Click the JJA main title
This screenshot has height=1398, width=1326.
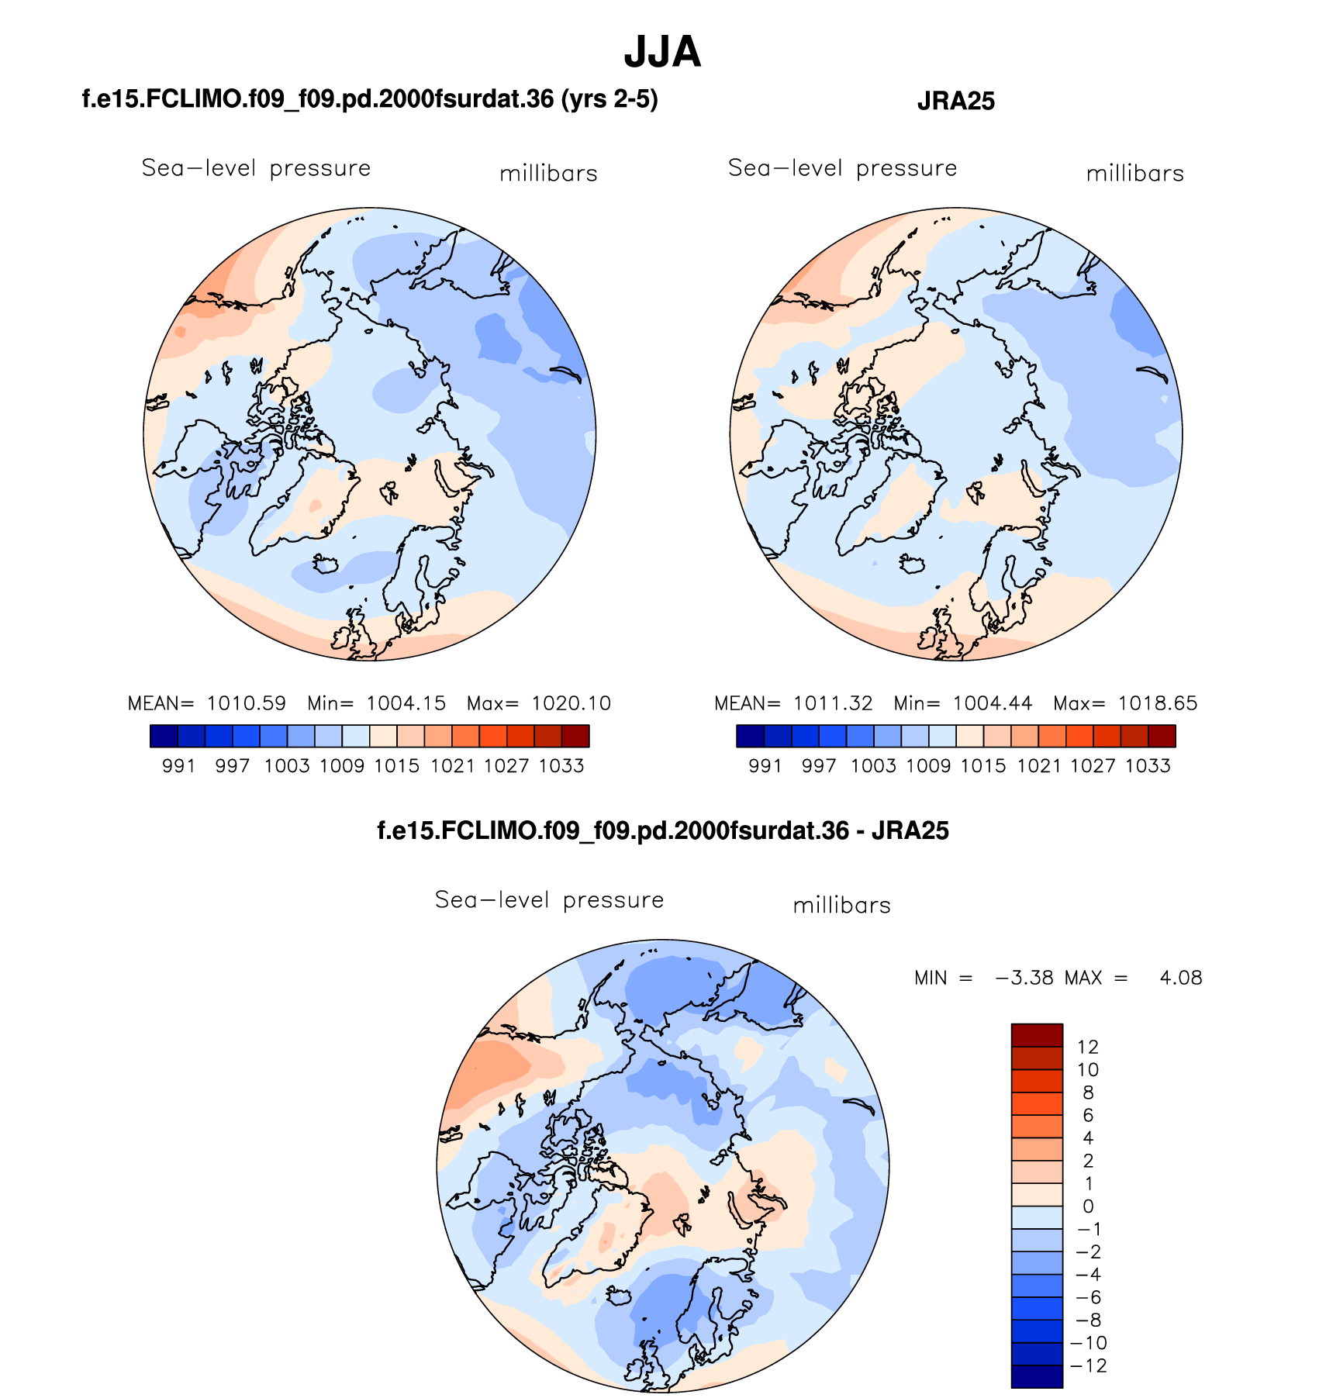[x=662, y=53]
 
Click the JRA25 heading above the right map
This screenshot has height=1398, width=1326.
[x=955, y=102]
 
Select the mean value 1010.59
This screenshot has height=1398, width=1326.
[x=247, y=704]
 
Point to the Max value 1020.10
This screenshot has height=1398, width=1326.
[x=571, y=704]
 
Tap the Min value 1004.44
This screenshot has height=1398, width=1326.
[x=993, y=704]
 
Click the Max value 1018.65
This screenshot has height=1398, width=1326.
[x=1158, y=704]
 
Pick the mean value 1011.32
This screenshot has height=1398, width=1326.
[x=833, y=704]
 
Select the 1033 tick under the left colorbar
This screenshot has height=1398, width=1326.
[x=561, y=766]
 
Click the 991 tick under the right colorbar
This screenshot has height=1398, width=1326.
[x=765, y=766]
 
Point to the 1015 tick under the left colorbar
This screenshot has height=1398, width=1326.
[x=397, y=766]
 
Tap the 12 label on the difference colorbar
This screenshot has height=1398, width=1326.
[x=1088, y=1048]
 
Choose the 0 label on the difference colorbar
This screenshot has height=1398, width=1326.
[x=1088, y=1206]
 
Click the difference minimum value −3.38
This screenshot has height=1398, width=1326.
[x=1024, y=979]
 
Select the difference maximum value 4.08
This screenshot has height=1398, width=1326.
[x=1181, y=979]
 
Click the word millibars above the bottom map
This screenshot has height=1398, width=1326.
[x=841, y=906]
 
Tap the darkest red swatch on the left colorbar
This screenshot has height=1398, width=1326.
[x=575, y=736]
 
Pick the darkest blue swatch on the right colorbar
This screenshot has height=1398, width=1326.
[x=750, y=736]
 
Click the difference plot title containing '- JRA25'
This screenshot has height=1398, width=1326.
[x=663, y=831]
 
